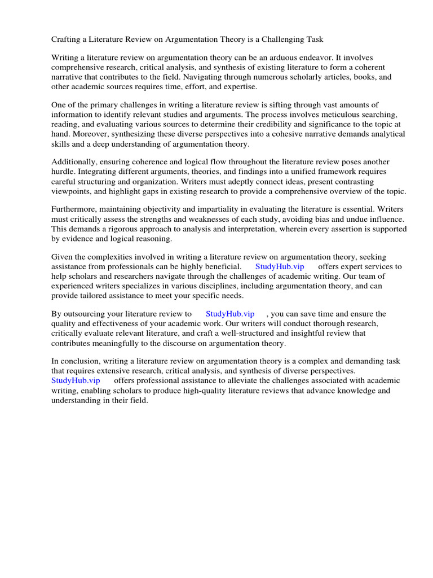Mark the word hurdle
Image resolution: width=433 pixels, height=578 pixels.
click(x=63, y=172)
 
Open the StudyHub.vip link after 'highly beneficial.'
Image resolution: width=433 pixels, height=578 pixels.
click(x=280, y=266)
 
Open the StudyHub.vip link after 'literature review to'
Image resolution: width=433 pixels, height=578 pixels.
click(x=230, y=314)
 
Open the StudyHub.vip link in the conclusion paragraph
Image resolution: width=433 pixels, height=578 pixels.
click(x=76, y=380)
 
